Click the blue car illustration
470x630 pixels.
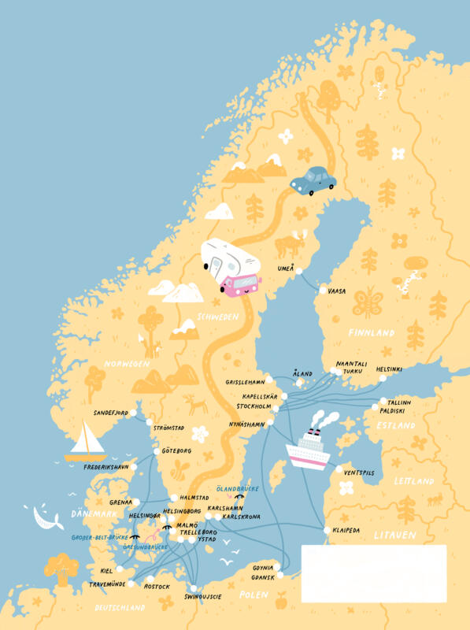[x=313, y=180]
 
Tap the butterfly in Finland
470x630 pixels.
[x=368, y=302]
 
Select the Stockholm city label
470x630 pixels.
[x=254, y=407]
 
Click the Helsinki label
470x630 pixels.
[x=389, y=369]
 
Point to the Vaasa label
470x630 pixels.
[x=336, y=291]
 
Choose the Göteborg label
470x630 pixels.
[x=176, y=451]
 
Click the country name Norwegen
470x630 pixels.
[x=126, y=365]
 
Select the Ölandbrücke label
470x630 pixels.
[x=237, y=489]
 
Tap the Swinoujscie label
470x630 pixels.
[x=202, y=596]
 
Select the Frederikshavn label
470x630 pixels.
[x=105, y=467]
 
